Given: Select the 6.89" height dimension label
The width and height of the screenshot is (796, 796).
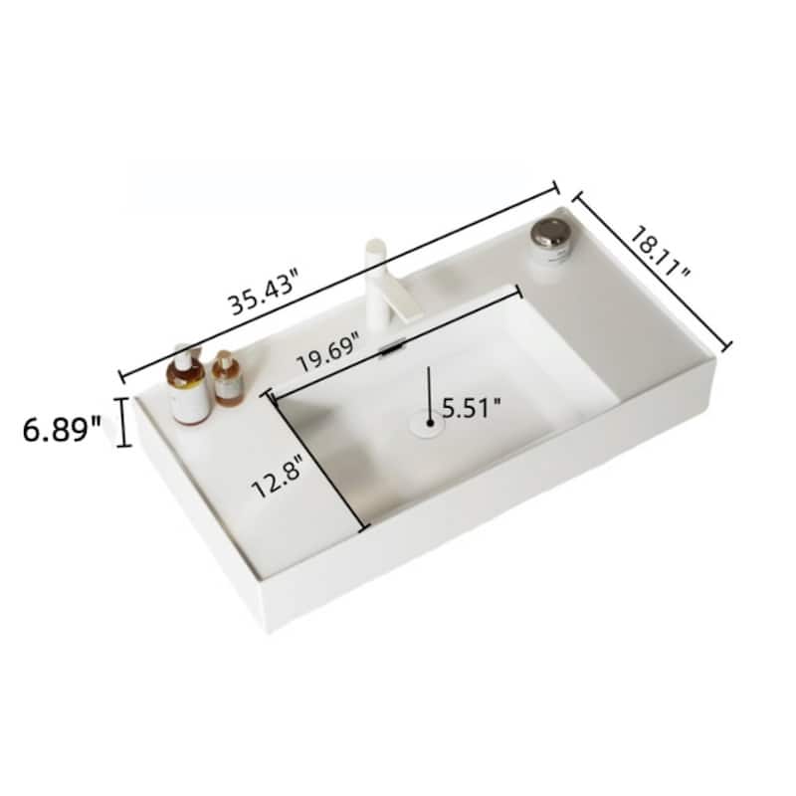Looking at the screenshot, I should [x=62, y=429].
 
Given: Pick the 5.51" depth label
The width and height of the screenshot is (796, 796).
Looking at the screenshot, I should [x=472, y=406].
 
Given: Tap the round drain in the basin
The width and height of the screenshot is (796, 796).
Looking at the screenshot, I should [x=424, y=424].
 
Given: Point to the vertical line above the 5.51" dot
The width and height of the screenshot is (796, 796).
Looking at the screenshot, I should [x=429, y=384].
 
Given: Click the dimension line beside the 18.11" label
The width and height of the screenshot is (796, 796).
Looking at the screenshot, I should [x=652, y=271].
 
